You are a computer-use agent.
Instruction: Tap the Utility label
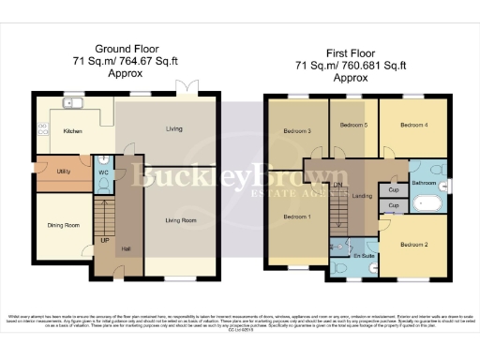pyautogui.click(x=64, y=172)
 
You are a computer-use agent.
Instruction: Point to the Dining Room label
pyautogui.click(x=64, y=225)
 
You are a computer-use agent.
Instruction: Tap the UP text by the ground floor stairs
pyautogui.click(x=104, y=239)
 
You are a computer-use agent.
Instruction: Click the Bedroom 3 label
pyautogui.click(x=297, y=130)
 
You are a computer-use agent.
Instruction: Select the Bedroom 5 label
pyautogui.click(x=352, y=125)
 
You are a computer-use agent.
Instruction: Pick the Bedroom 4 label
pyautogui.click(x=413, y=125)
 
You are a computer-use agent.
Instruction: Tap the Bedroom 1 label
pyautogui.click(x=298, y=217)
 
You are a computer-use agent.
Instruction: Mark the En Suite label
pyautogui.click(x=363, y=255)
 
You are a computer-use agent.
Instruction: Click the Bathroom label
pyautogui.click(x=424, y=182)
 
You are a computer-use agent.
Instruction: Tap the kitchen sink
pyautogui.click(x=73, y=103)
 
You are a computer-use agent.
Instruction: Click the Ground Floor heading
pyautogui.click(x=125, y=47)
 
